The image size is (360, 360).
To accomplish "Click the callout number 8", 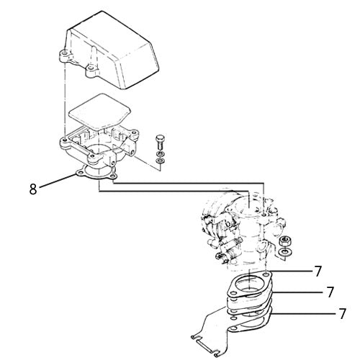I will (x=33, y=190).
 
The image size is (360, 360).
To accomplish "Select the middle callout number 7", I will (x=330, y=292).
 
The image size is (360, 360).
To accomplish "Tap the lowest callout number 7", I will (x=342, y=314).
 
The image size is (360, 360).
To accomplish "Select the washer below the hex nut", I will (x=286, y=251).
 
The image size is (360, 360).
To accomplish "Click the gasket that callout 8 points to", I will (x=89, y=173).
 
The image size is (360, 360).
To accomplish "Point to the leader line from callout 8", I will (x=58, y=183).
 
